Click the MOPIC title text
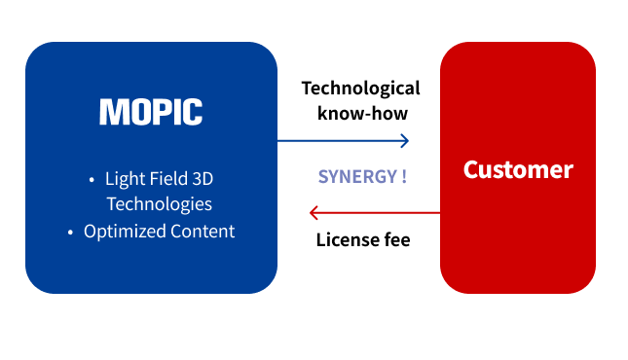coord(151,112)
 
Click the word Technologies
coord(159,204)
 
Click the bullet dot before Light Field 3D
coord(92,180)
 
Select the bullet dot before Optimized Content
coord(70,233)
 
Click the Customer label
coord(518,169)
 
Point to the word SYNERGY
coord(356,177)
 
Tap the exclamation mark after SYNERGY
coord(403,177)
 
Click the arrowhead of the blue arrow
coord(404,140)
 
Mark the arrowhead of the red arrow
coord(314,212)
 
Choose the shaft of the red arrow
coord(380,212)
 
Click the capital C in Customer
coord(470,169)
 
